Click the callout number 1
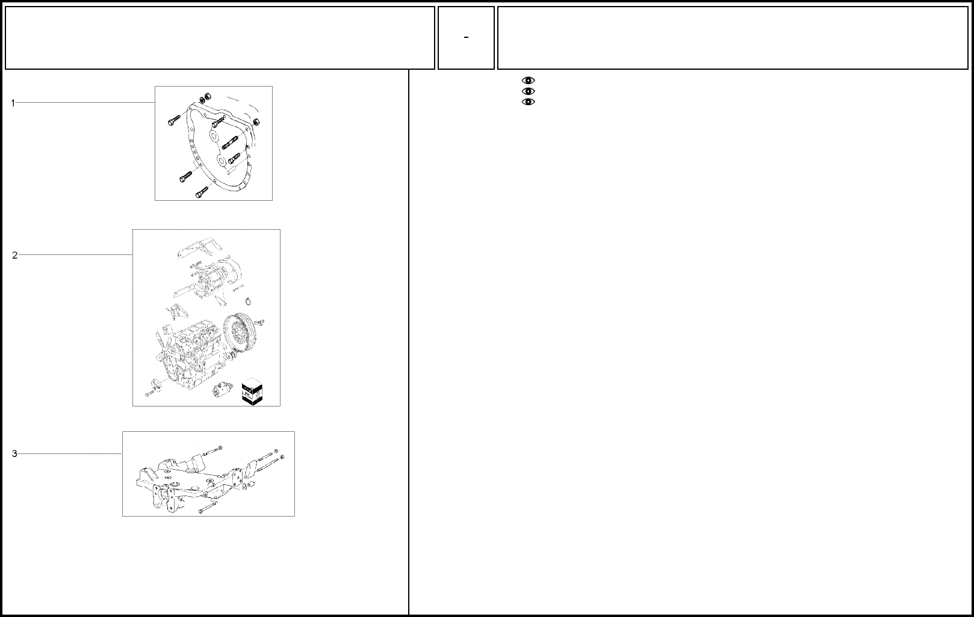pyautogui.click(x=13, y=103)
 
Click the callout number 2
pyautogui.click(x=15, y=255)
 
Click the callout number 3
pyautogui.click(x=14, y=453)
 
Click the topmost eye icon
pyautogui.click(x=529, y=81)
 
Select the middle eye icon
pyautogui.click(x=529, y=91)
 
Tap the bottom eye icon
pyautogui.click(x=529, y=102)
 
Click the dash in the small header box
pyautogui.click(x=466, y=37)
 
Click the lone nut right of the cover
pyautogui.click(x=256, y=121)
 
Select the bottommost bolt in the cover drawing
pyautogui.click(x=202, y=192)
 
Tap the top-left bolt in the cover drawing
pyautogui.click(x=174, y=120)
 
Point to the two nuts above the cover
pyautogui.click(x=205, y=98)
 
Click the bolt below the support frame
pyautogui.click(x=208, y=507)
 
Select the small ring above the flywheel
pyautogui.click(x=248, y=301)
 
